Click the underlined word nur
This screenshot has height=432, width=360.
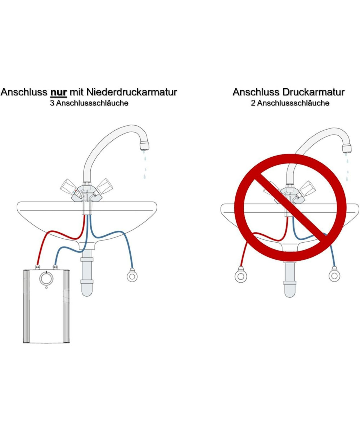(59, 92)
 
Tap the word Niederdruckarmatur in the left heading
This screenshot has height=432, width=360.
(132, 92)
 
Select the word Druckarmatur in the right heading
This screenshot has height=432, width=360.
(314, 92)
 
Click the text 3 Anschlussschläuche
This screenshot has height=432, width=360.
(89, 103)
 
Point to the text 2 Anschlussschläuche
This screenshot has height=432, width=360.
(290, 103)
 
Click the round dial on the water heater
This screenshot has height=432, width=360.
(46, 279)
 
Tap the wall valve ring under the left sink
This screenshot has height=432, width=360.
(132, 276)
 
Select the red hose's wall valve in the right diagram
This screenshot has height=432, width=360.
(240, 275)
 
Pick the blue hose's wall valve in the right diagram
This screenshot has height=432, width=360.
(334, 275)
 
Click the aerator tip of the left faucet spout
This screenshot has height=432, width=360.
(145, 146)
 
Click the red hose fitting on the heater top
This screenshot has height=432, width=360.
(37, 267)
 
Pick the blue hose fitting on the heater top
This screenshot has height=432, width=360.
(55, 267)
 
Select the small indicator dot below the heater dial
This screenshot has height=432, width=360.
(46, 288)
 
